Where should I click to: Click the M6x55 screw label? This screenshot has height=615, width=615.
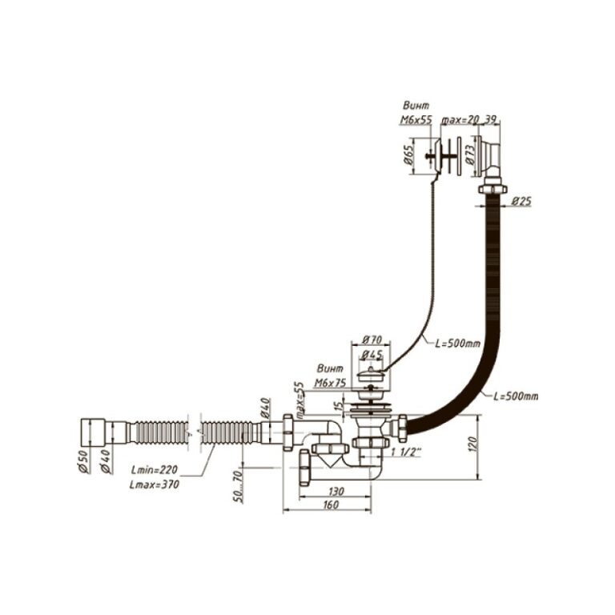tap(416, 119)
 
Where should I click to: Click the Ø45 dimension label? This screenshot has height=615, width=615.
tap(370, 355)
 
